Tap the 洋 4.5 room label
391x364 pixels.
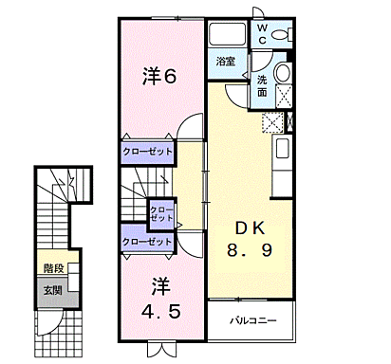(x=158, y=297)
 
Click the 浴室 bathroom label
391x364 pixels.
(x=225, y=63)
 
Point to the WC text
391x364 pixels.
(x=263, y=33)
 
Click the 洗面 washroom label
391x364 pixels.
(x=261, y=86)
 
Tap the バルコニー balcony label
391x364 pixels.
(x=252, y=320)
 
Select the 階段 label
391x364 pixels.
(x=53, y=269)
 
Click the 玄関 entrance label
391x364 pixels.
(x=52, y=289)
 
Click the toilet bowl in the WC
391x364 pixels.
(x=281, y=35)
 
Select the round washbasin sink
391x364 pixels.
(x=283, y=77)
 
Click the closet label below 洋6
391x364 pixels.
(x=147, y=152)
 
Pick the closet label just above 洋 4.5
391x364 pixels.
(x=147, y=242)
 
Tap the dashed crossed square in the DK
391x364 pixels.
(x=272, y=121)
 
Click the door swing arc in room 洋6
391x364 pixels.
(x=193, y=128)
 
